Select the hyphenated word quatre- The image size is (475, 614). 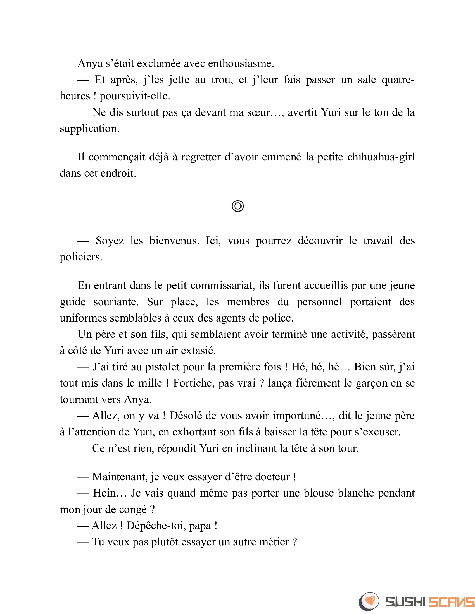398,80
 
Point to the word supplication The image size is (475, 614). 89,129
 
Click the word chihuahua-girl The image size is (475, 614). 381,157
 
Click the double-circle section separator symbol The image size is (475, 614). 238,206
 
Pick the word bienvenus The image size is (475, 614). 174,241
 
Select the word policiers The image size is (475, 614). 81,257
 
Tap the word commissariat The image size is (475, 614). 222,285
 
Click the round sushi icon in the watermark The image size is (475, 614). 369,601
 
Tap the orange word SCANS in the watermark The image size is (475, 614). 451,602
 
